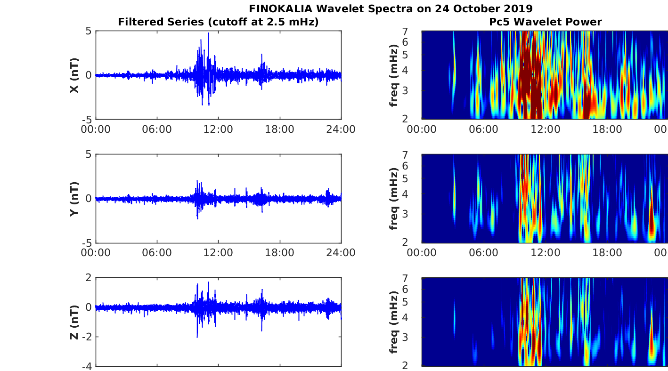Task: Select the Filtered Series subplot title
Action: tap(218, 22)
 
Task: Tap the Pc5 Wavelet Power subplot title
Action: tap(545, 22)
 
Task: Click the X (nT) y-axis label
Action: tap(74, 75)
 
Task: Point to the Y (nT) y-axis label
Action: tap(74, 199)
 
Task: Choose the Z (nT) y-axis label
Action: tap(74, 322)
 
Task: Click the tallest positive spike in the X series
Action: tap(208, 33)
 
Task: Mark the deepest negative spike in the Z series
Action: tap(197, 337)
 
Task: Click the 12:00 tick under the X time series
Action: tap(219, 129)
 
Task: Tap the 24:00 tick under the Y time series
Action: tap(341, 252)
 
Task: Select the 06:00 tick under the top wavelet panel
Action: tap(483, 129)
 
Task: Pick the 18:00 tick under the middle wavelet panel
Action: tap(607, 252)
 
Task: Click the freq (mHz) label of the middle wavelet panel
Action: tap(394, 199)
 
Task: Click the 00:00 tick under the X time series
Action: tap(96, 129)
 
